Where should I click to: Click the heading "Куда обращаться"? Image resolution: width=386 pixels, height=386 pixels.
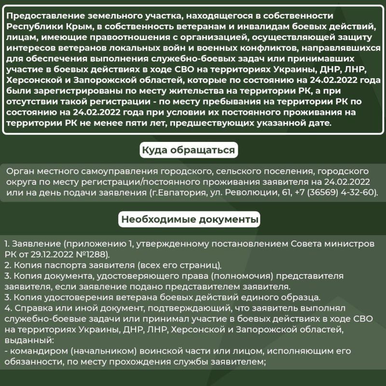(x=189, y=151)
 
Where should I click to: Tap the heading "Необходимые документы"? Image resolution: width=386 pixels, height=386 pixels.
(x=190, y=220)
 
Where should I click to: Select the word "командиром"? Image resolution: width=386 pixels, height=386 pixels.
(x=34, y=350)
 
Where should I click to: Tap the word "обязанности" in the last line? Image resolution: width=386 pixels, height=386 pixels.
(x=27, y=361)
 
